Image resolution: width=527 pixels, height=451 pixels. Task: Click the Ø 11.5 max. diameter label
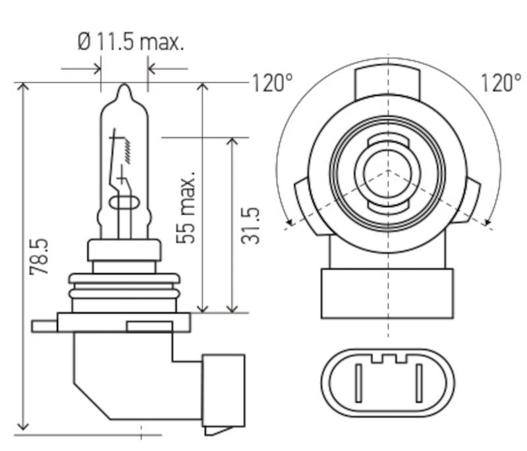130,43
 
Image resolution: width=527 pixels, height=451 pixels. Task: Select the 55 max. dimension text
189,209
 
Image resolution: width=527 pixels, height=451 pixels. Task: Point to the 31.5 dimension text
250,226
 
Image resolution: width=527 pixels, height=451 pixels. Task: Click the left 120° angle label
271,83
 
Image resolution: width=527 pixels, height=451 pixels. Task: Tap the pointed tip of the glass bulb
125,87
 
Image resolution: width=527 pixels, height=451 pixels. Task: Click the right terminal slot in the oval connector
418,383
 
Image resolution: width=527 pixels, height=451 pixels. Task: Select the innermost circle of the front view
388,176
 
